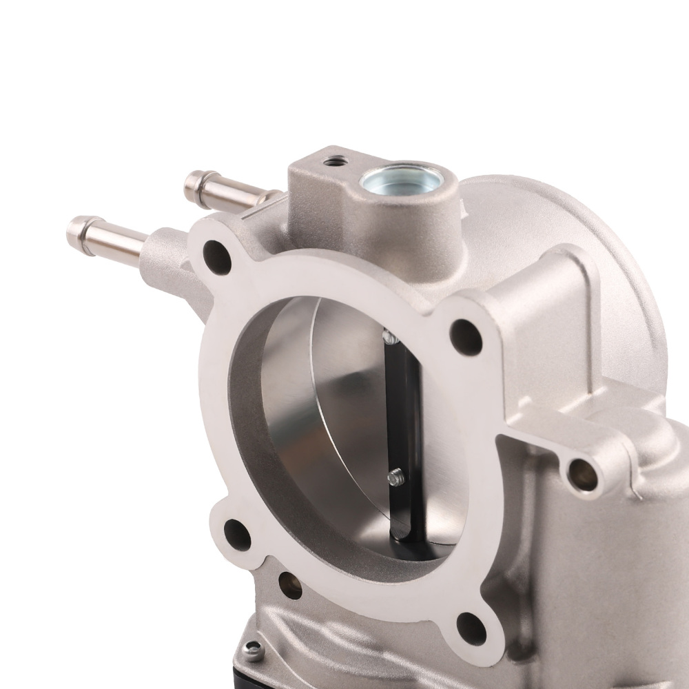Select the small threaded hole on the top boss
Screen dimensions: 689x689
tap(336, 162)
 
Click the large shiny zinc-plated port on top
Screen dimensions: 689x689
tap(401, 181)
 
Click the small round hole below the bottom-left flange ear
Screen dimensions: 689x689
tap(290, 585)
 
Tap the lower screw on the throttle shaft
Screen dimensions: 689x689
tap(395, 475)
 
